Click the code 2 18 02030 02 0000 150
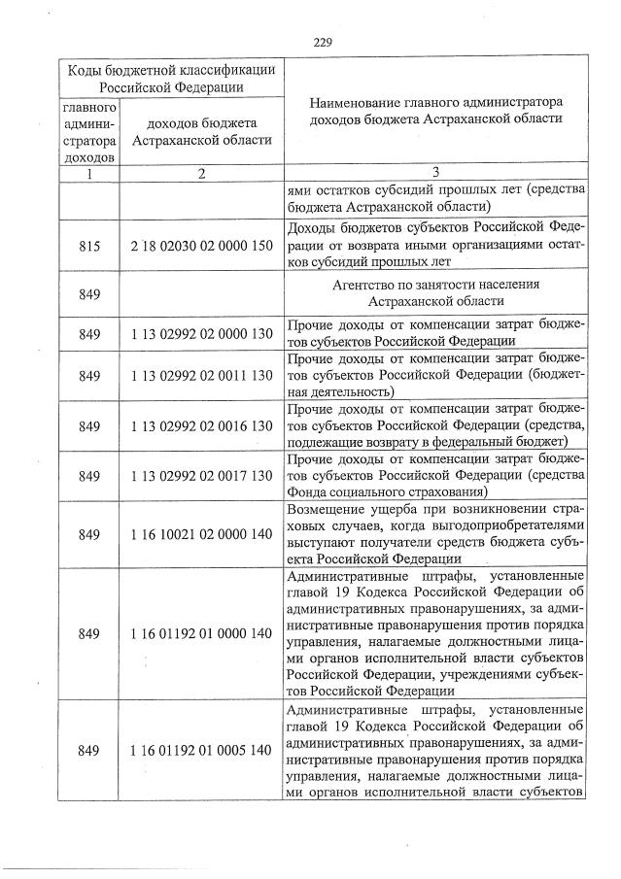202,248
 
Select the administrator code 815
90,248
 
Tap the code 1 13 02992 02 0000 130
202,333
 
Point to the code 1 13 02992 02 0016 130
202,425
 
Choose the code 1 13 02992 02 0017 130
202,475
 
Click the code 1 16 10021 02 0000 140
202,534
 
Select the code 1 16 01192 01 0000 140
202,633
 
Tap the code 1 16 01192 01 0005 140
202,750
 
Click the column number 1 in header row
89,173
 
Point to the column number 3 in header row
435,173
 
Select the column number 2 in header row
201,173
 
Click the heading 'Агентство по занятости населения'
435,284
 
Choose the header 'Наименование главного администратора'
435,100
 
